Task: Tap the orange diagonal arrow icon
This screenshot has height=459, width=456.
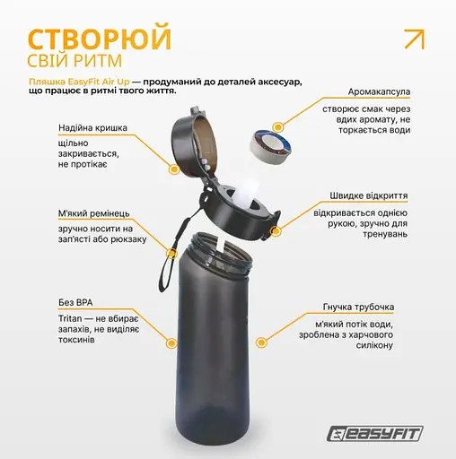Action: click(x=414, y=39)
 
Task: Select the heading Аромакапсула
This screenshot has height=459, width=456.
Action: click(x=381, y=91)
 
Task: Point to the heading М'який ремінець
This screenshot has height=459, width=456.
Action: click(x=94, y=214)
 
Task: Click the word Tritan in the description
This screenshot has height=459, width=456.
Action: click(x=72, y=318)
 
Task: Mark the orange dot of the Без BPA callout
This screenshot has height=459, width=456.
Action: click(x=171, y=341)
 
